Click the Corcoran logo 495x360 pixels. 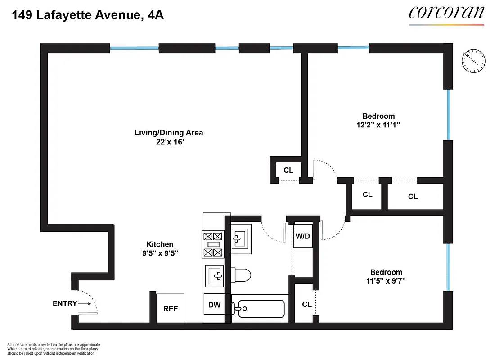[x=446, y=13]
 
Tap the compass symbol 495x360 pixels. [x=473, y=61]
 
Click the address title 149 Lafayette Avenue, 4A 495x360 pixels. [x=88, y=16]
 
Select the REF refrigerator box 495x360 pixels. [x=171, y=308]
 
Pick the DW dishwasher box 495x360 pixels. [x=215, y=305]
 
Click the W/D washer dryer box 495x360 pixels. [x=302, y=236]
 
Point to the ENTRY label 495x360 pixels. [x=65, y=304]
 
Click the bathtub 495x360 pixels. [x=259, y=309]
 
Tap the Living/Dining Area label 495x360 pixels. [x=169, y=132]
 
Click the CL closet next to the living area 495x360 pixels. [x=288, y=170]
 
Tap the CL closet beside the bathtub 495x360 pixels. [x=306, y=305]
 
